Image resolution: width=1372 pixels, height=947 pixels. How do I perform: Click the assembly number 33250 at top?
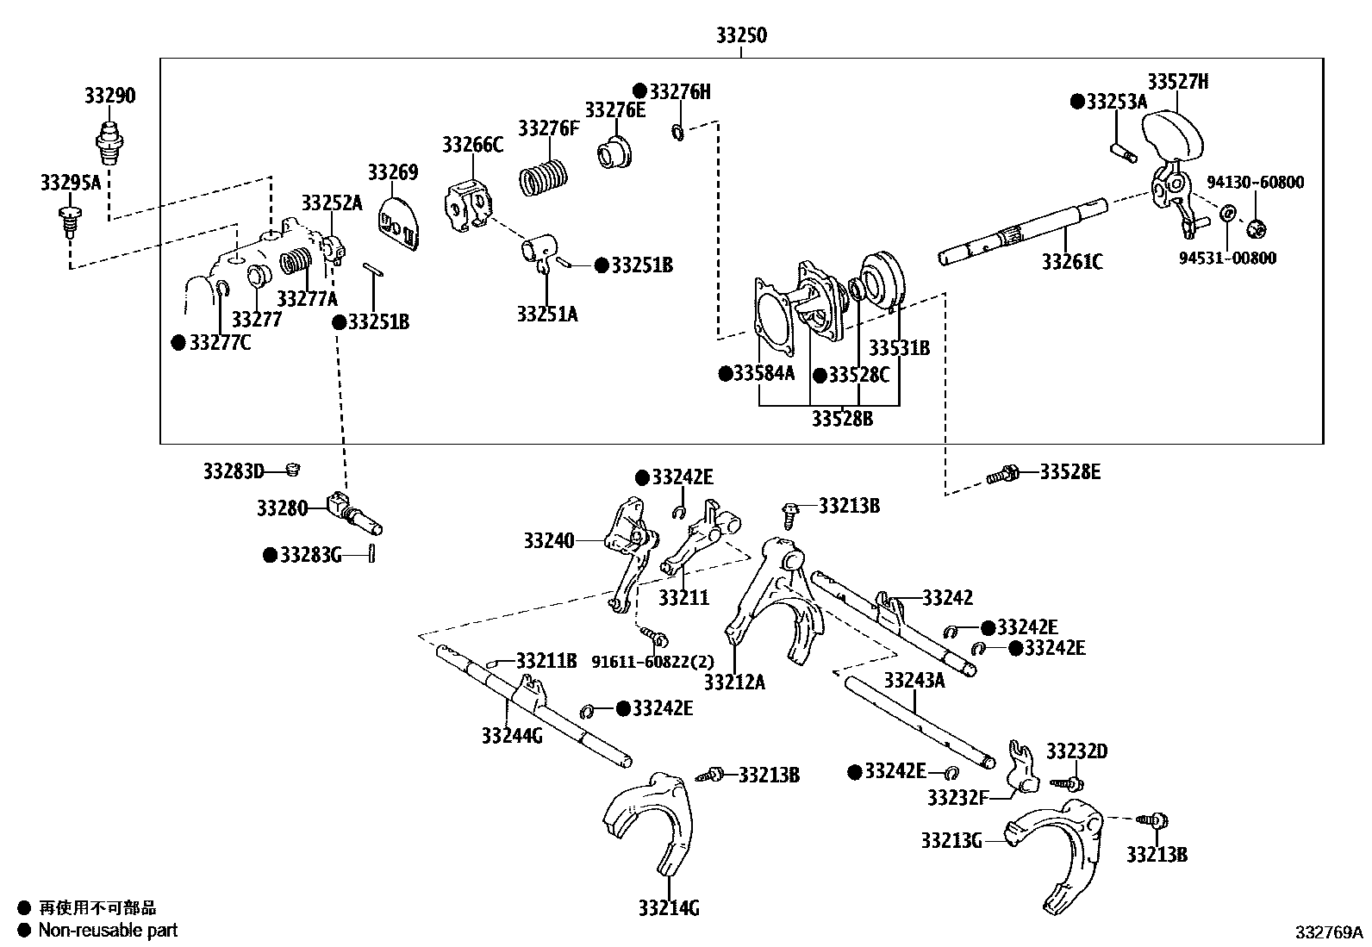pyautogui.click(x=740, y=36)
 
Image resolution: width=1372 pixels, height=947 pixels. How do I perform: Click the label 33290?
pyautogui.click(x=109, y=96)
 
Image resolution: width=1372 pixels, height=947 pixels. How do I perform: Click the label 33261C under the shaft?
pyautogui.click(x=1071, y=262)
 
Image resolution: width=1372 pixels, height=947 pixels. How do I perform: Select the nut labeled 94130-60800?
pyautogui.click(x=1257, y=228)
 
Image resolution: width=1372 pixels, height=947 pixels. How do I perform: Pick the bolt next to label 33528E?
pyautogui.click(x=1004, y=473)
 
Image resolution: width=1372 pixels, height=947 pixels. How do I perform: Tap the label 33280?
pyautogui.click(x=281, y=508)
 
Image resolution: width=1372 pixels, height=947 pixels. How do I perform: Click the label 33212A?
pyautogui.click(x=734, y=682)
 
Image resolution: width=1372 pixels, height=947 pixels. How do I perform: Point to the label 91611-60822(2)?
pyautogui.click(x=652, y=661)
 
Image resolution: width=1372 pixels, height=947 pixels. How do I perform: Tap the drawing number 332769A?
pyautogui.click(x=1328, y=931)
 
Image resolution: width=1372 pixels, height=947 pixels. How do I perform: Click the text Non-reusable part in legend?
pyautogui.click(x=108, y=930)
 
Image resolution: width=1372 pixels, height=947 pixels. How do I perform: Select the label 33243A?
pyautogui.click(x=914, y=681)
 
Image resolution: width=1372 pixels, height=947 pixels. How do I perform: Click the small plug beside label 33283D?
pyautogui.click(x=292, y=470)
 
